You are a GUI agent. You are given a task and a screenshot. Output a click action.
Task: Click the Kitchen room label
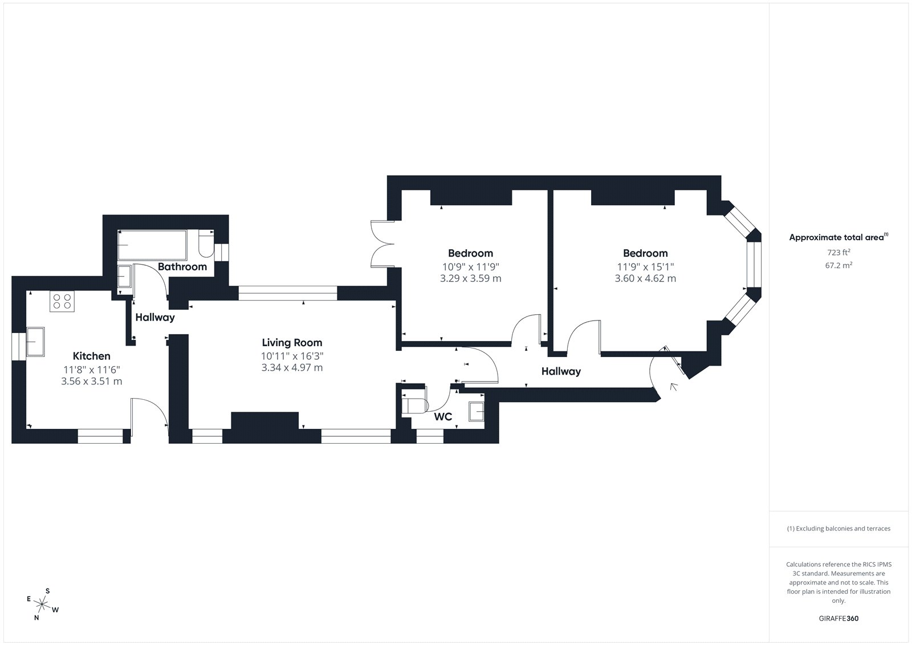pyautogui.click(x=92, y=356)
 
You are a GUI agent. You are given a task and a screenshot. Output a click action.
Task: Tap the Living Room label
pyautogui.click(x=292, y=343)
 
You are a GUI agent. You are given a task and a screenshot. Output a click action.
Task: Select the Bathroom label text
pyautogui.click(x=182, y=266)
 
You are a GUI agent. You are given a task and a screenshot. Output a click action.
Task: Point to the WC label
pyautogui.click(x=443, y=416)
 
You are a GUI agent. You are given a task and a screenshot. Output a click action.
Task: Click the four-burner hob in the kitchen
pyautogui.click(x=62, y=302)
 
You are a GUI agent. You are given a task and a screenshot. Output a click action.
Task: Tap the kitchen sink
pyautogui.click(x=35, y=342)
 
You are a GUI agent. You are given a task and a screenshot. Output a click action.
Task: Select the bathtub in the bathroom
pyautogui.click(x=152, y=245)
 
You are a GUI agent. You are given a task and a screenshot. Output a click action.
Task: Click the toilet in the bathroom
pyautogui.click(x=206, y=244)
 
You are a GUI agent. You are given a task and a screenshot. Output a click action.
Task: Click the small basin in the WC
pyautogui.click(x=477, y=412)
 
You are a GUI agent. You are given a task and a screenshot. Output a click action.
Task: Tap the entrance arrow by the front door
pyautogui.click(x=674, y=387)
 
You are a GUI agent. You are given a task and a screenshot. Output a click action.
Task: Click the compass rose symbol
pyautogui.click(x=42, y=605)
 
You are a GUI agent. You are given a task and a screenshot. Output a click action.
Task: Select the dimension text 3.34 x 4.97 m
pyautogui.click(x=292, y=367)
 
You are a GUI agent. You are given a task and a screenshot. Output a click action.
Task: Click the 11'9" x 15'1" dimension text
pyautogui.click(x=645, y=267)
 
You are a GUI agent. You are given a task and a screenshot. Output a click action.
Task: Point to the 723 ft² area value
pyautogui.click(x=838, y=252)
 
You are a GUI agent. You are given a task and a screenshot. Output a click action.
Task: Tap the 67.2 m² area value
pyautogui.click(x=838, y=265)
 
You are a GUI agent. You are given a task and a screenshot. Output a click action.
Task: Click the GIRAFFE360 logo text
pyautogui.click(x=838, y=618)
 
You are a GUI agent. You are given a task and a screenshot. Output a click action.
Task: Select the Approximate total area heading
pyautogui.click(x=838, y=237)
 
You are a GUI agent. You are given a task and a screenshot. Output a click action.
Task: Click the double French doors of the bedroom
pyautogui.click(x=382, y=244)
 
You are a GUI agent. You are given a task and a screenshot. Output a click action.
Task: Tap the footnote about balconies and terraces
pyautogui.click(x=838, y=529)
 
